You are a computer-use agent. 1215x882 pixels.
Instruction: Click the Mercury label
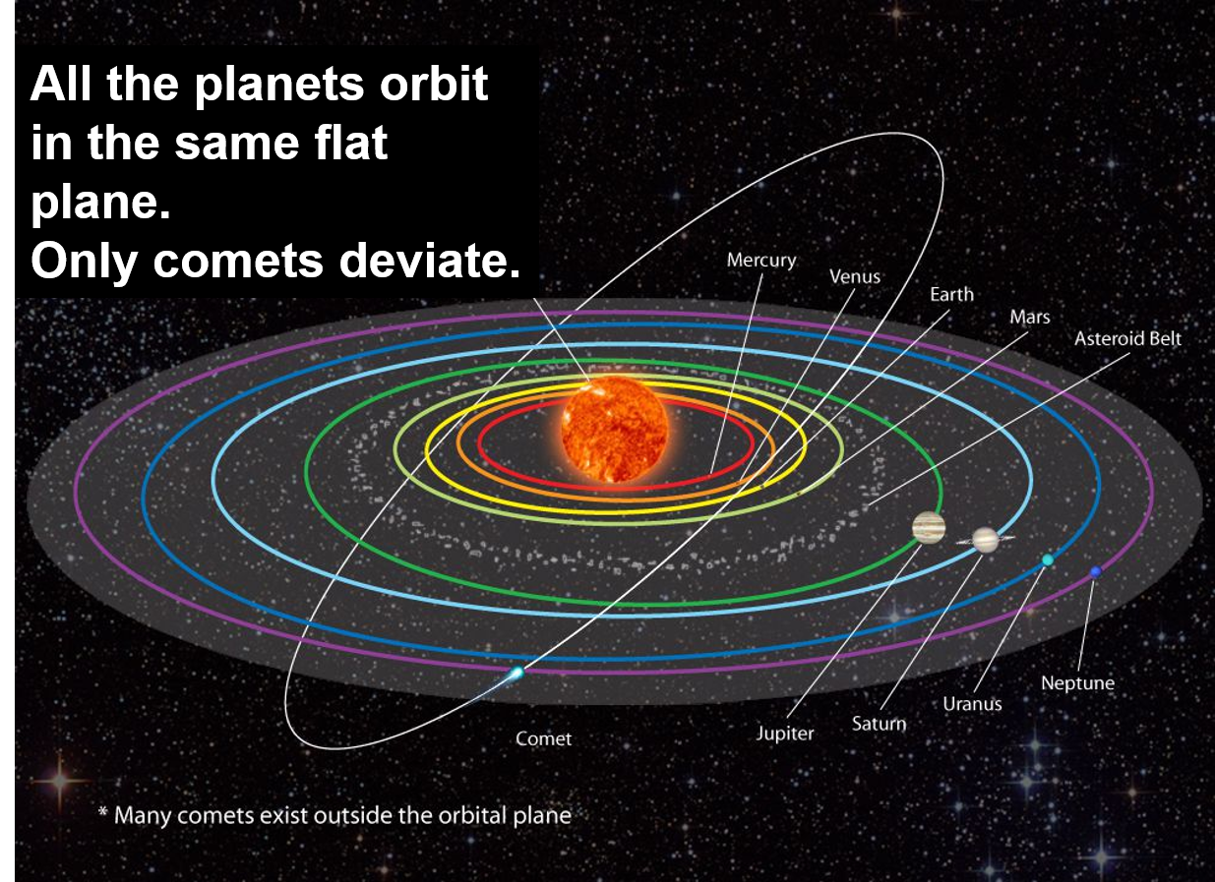click(x=761, y=261)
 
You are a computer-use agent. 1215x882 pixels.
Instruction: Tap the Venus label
click(x=855, y=277)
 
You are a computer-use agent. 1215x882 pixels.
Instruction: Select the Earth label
click(x=952, y=294)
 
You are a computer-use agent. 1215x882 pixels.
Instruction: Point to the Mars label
click(x=1029, y=317)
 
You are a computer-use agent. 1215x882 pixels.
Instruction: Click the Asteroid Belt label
click(x=1127, y=339)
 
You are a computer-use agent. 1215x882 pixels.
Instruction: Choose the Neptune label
click(x=1078, y=683)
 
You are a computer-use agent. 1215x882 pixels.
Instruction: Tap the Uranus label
click(x=972, y=704)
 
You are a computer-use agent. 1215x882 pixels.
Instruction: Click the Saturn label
click(x=879, y=724)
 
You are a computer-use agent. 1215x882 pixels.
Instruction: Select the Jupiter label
click(x=785, y=734)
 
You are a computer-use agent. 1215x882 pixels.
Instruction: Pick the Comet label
click(x=543, y=738)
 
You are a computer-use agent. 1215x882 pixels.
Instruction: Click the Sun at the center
click(x=614, y=429)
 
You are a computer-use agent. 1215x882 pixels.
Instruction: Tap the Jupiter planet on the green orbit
click(x=929, y=527)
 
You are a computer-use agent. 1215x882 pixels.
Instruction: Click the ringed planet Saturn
click(x=985, y=540)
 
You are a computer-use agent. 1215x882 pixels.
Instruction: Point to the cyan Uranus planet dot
click(x=1048, y=560)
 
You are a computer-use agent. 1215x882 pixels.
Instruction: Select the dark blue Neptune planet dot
click(x=1095, y=572)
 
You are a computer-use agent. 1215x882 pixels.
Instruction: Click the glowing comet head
click(x=516, y=673)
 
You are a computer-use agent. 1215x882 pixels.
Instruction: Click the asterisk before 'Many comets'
click(x=102, y=812)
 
